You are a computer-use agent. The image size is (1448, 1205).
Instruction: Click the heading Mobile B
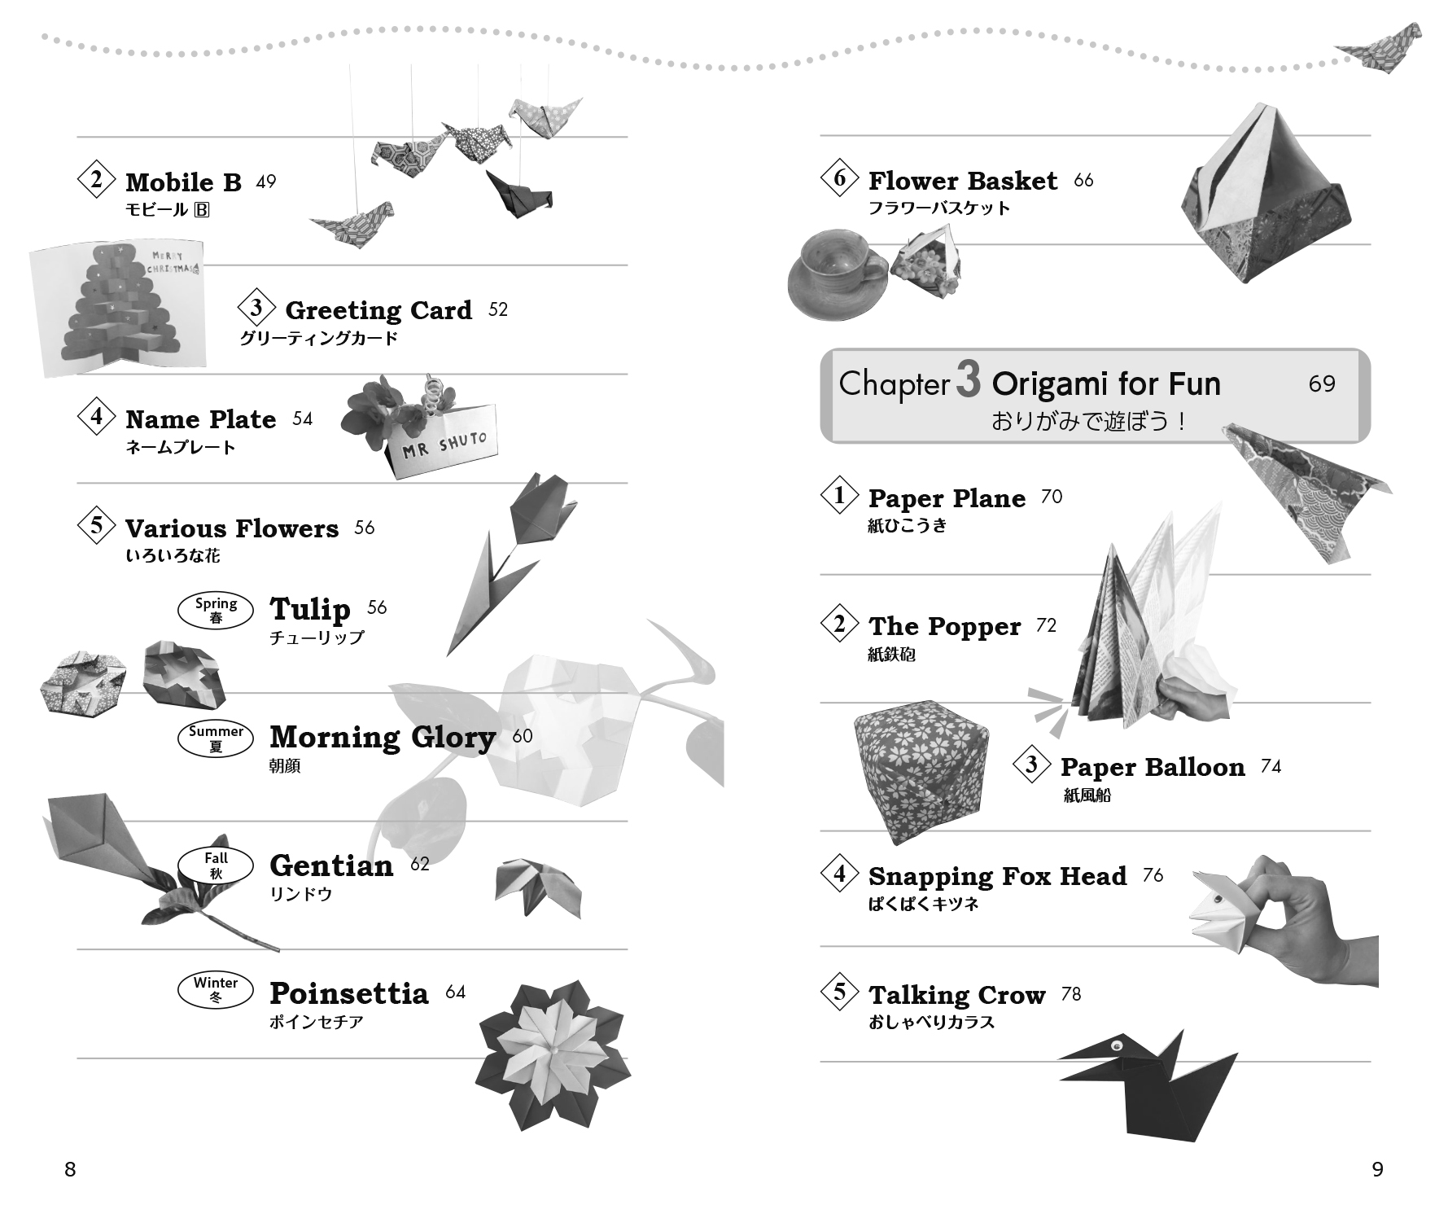pos(183,182)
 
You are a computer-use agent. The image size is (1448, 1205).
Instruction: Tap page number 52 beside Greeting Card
pos(498,309)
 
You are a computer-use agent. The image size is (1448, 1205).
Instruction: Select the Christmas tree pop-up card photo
pos(118,307)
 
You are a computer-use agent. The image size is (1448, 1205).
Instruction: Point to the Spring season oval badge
pos(216,611)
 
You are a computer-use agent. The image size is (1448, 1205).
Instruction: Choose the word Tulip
pos(309,609)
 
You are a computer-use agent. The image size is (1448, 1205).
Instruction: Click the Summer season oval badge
pos(216,738)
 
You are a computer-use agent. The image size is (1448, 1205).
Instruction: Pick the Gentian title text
pos(331,865)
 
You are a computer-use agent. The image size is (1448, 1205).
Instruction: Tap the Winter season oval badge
pos(216,989)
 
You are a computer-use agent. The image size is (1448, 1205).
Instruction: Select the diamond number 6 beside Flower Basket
pos(840,178)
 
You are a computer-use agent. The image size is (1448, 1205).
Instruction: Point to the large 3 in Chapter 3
pos(968,381)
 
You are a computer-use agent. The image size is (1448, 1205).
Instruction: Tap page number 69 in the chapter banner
pos(1322,383)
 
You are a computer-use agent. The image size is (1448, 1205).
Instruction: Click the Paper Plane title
pos(947,498)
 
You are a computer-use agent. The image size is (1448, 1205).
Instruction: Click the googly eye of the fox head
pos(1218,900)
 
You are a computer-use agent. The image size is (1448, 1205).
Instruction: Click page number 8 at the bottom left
pos(70,1170)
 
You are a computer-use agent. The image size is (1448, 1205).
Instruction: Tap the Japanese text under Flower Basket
pos(938,208)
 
